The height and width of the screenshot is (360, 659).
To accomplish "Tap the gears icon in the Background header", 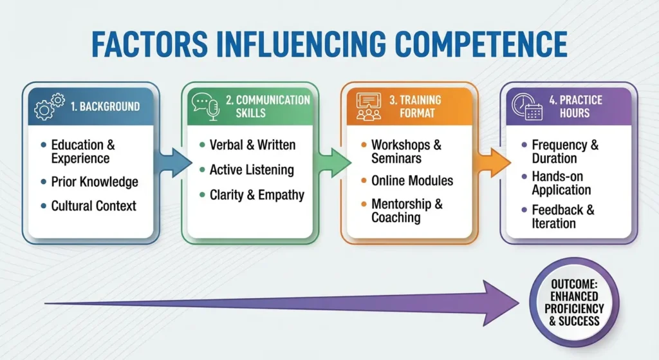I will pos(49,106).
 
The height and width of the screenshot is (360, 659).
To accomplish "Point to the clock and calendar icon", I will pos(526,106).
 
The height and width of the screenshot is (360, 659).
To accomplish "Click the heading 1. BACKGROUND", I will pos(104,106).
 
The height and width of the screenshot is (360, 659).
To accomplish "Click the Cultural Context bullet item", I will pos(94,207).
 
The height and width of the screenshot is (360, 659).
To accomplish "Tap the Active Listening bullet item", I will pos(252,170).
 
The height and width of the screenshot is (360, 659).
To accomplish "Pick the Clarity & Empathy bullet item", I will pos(257,194).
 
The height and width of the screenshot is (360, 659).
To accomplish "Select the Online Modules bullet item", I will pos(412,180).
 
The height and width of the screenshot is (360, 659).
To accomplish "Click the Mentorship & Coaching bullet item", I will pos(407,211).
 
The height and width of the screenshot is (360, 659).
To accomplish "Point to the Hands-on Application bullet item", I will pos(561,183).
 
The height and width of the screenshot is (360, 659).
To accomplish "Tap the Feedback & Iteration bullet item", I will pos(562,216).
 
